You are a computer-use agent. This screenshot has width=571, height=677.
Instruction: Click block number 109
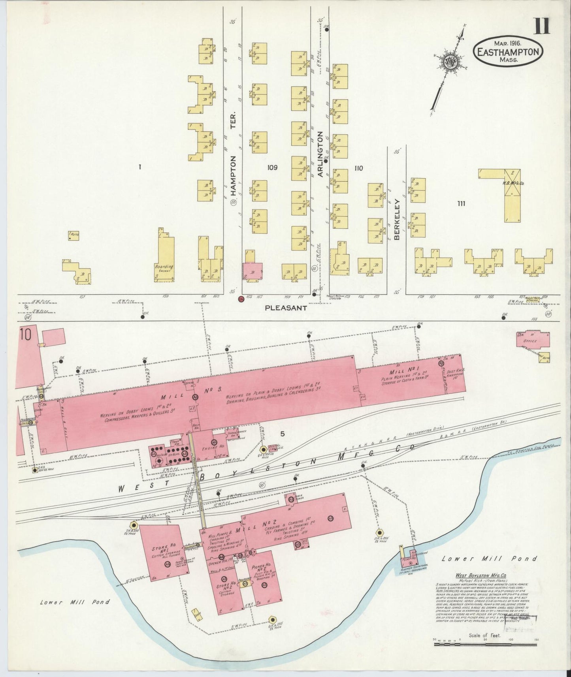[x=272, y=168]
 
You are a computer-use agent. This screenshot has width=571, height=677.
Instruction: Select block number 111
[x=461, y=204]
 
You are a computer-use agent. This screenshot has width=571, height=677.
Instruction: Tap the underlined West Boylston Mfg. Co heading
[x=474, y=576]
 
